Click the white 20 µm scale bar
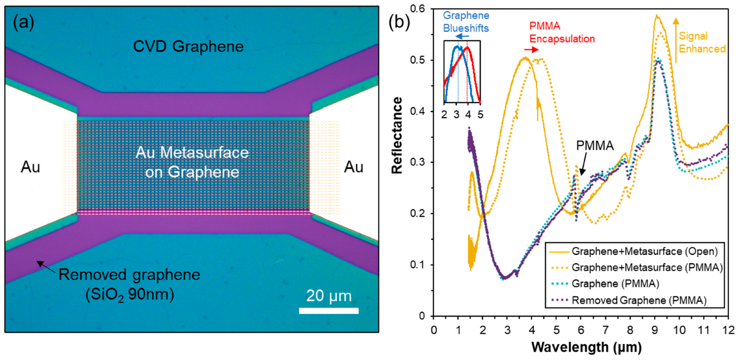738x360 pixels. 328,311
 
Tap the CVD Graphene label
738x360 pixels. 188,47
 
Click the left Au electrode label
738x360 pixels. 30,167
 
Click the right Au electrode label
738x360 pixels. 354,167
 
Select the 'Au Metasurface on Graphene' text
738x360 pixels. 192,162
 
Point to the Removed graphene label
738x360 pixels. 129,275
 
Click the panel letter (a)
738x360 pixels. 23,22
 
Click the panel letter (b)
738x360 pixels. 399,22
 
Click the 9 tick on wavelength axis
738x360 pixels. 655,330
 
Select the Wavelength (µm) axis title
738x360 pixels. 586,347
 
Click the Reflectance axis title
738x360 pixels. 397,136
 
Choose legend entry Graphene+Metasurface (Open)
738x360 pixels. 644,251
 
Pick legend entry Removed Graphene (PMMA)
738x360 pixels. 639,300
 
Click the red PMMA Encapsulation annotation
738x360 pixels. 562,33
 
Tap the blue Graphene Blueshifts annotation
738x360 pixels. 465,22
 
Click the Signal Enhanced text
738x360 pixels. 702,42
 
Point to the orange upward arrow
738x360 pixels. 676,40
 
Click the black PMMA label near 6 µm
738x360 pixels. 594,146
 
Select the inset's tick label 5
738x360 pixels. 480,115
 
